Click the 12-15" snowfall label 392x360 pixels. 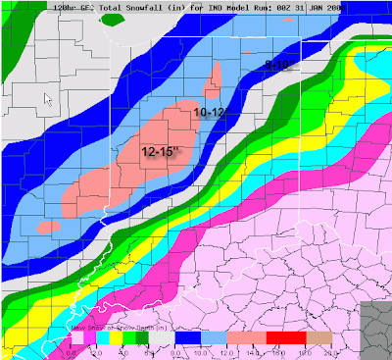click(x=161, y=153)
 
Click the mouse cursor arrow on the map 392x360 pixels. click(x=50, y=96)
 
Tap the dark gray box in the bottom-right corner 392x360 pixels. click(x=375, y=328)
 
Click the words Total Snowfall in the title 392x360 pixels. click(x=106, y=8)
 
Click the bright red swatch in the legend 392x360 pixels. click(x=278, y=338)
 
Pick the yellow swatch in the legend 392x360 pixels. click(x=114, y=338)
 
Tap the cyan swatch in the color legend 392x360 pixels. click(x=100, y=338)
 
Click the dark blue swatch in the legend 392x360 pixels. click(x=182, y=338)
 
